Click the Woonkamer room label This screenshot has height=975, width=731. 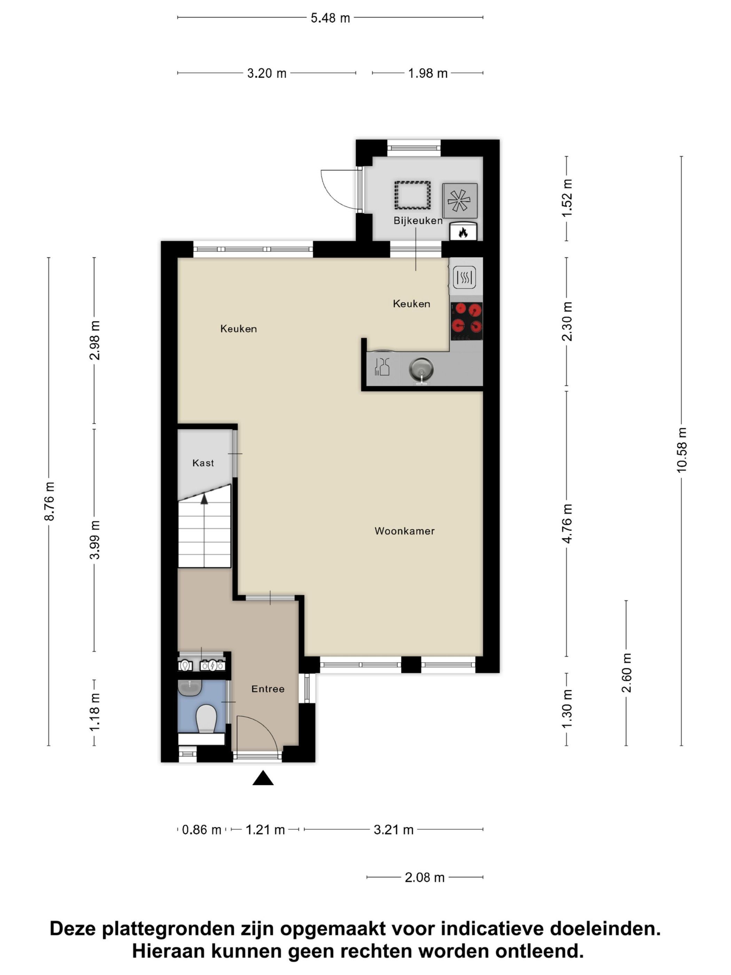404,531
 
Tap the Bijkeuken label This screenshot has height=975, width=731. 418,220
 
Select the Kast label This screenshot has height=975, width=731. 203,463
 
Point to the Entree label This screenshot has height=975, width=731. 268,689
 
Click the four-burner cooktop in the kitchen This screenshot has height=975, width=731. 466,321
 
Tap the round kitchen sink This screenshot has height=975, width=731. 421,369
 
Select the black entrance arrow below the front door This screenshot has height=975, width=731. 263,778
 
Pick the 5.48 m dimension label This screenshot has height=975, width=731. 330,18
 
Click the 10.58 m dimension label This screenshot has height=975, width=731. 681,450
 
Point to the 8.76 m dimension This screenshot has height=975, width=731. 49,501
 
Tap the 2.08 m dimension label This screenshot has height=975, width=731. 425,877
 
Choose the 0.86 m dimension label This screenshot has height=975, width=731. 201,829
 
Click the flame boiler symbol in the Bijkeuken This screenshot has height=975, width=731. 463,232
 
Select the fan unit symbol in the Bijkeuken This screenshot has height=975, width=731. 459,201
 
